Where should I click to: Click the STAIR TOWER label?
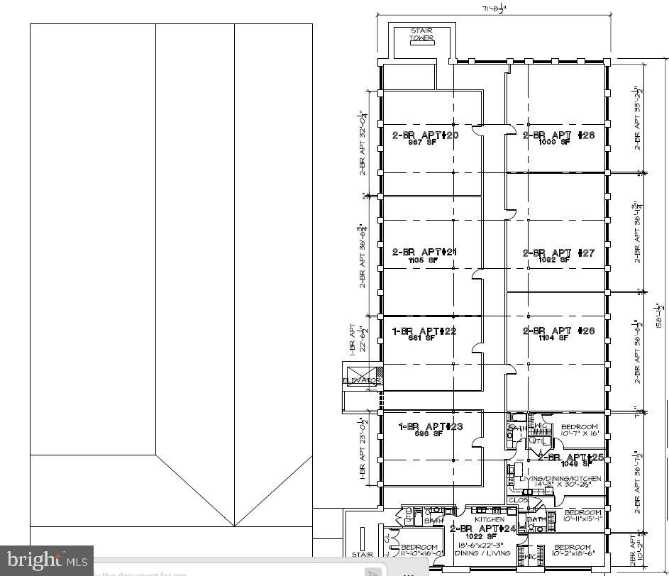[x=421, y=35]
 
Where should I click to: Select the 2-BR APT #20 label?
[x=425, y=135]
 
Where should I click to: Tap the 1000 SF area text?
[x=555, y=143]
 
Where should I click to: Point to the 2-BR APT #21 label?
[x=424, y=252]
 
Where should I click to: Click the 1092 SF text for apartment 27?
[x=555, y=260]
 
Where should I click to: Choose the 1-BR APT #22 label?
[x=424, y=331]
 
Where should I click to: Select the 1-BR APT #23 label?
[x=430, y=426]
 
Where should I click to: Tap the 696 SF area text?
[x=429, y=434]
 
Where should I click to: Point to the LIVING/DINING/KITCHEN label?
[x=560, y=479]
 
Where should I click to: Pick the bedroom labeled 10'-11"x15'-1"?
[x=582, y=515]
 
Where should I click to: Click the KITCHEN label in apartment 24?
[x=489, y=520]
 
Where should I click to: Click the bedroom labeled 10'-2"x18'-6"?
[x=572, y=550]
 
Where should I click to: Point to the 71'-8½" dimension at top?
[x=494, y=9]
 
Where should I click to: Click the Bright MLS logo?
[x=47, y=560]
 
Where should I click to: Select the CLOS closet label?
[x=519, y=500]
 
